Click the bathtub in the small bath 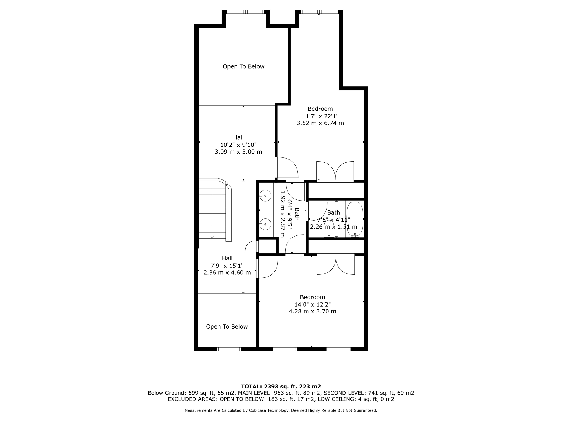pos(355,219)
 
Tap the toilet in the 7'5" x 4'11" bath pos(329,229)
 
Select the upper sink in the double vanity pos(265,196)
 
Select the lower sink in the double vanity pos(265,224)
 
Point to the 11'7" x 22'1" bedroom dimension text pos(320,116)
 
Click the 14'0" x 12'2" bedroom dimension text pos(313,304)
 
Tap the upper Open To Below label pos(243,66)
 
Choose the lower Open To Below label pos(227,326)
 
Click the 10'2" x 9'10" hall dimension pos(238,145)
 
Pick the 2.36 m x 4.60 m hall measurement pos(227,273)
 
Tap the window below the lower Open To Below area pos(229,349)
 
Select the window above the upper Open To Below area pos(246,12)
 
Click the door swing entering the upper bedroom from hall pos(286,168)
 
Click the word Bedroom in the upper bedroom pos(320,109)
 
